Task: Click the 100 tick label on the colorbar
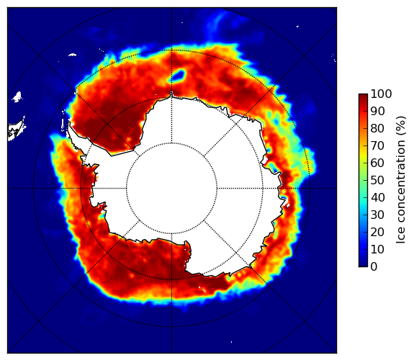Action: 381,94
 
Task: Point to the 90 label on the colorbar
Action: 377,111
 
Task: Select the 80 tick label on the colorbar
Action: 377,128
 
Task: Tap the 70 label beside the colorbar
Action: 377,145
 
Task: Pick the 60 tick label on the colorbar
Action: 377,163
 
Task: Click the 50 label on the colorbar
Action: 377,181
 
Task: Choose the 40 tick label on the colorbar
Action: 377,197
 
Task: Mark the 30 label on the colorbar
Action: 377,215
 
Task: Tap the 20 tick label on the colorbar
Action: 377,232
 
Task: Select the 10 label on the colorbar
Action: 377,249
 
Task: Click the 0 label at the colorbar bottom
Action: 374,267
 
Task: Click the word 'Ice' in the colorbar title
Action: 401,237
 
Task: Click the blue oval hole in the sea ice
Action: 179,76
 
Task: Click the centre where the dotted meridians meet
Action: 171,189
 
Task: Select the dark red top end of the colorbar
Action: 363,96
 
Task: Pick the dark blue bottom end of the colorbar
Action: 363,264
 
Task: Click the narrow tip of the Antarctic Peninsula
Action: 69,124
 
